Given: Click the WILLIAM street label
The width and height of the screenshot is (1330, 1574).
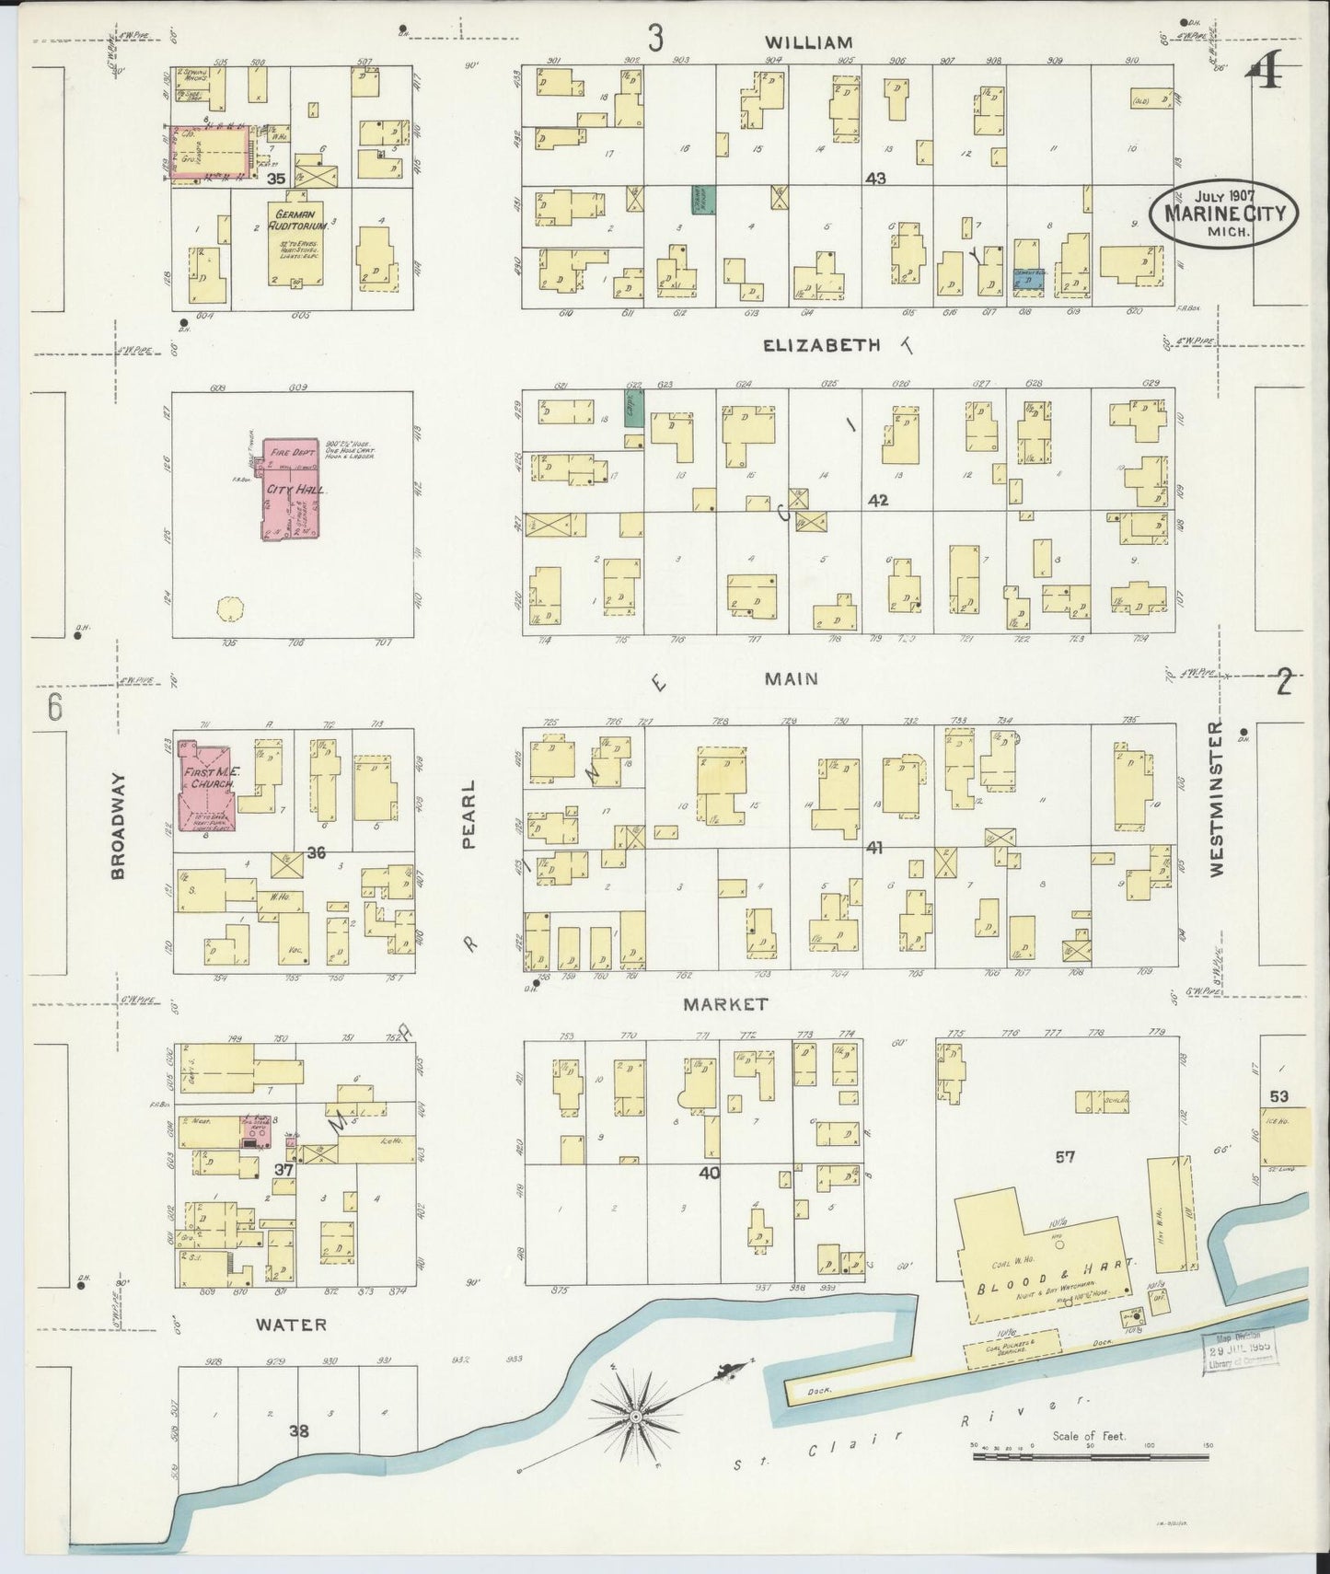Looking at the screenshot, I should pyautogui.click(x=807, y=42).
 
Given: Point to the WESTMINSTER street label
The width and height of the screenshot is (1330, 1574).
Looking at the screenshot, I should pyautogui.click(x=1217, y=798).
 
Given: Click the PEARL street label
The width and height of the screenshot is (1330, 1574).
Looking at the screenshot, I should pyautogui.click(x=468, y=815).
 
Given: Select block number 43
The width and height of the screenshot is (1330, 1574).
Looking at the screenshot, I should pyautogui.click(x=874, y=178).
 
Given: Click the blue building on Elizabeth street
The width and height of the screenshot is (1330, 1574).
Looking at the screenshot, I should pyautogui.click(x=1027, y=279).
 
